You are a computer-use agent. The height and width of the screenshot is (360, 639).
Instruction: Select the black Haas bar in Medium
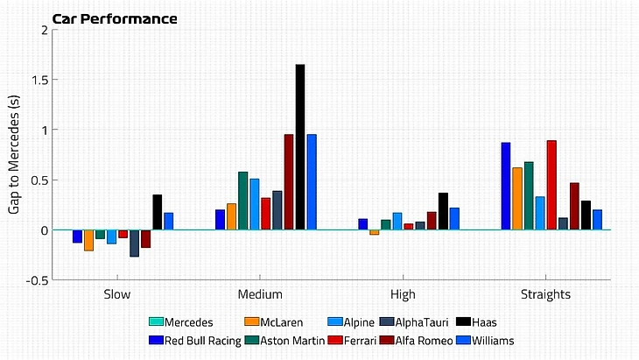pos(300,147)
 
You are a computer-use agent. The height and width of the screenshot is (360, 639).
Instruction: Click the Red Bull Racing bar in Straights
pos(506,186)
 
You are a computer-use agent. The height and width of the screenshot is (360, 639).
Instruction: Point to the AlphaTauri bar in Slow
pos(134,243)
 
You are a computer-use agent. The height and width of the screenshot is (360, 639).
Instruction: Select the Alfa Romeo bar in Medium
pos(289,182)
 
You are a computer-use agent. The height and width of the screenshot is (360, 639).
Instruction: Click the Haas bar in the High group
pos(443,211)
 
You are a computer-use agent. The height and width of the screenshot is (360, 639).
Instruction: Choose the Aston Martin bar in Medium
pos(243,201)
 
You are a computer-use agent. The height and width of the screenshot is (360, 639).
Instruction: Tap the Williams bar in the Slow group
pos(168,221)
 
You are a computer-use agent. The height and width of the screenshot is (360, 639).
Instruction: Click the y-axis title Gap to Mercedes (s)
pos(15,154)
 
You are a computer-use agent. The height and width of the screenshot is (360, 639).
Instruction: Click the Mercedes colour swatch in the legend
pos(157,322)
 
